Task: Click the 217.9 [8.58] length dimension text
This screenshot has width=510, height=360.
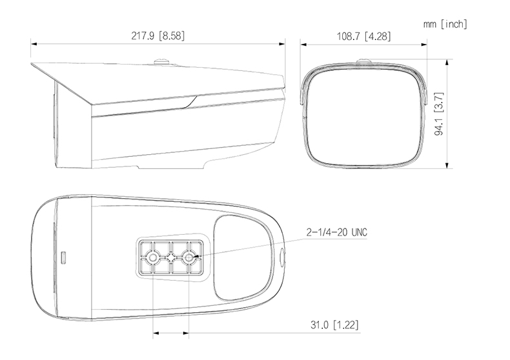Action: coord(158,35)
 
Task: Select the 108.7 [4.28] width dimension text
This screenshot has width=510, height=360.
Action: coord(363,35)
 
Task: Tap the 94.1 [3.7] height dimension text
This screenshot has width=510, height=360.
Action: coord(439,114)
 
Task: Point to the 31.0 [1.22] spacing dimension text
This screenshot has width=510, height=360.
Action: coord(334,325)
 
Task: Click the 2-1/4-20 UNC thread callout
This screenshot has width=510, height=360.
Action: coord(336,232)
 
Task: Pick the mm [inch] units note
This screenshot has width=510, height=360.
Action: coord(445,24)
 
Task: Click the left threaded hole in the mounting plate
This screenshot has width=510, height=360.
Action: coord(152,257)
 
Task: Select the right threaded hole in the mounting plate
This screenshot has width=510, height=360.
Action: coord(189,257)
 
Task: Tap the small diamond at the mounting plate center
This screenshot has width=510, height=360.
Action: coord(171,257)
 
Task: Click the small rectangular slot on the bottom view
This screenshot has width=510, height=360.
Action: coord(64,258)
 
